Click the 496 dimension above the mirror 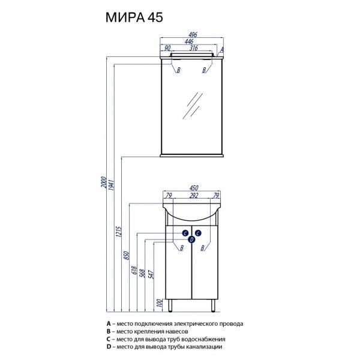pyautogui.click(x=191, y=34)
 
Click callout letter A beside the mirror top pyautogui.click(x=222, y=50)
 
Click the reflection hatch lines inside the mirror pyautogui.click(x=193, y=107)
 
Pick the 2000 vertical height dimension pyautogui.click(x=103, y=182)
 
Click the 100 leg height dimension pyautogui.click(x=159, y=304)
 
